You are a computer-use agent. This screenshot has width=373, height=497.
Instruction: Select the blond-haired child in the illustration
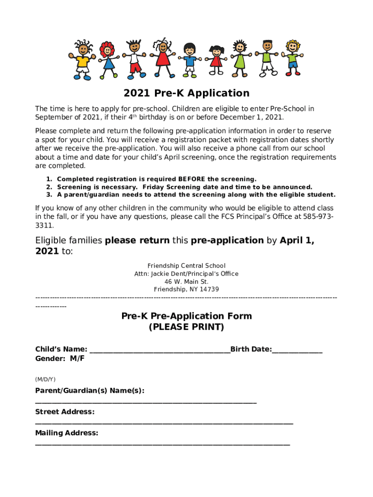[292, 57]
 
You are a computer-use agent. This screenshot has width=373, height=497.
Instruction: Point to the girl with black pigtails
[216, 60]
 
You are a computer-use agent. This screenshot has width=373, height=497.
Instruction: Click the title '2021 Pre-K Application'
[186, 93]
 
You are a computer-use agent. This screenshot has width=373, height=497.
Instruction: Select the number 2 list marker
[49, 187]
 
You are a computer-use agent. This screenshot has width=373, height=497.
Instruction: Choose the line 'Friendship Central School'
[186, 266]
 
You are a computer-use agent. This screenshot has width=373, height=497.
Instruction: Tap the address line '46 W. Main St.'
[186, 282]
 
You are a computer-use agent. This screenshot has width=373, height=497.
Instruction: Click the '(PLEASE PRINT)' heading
[186, 327]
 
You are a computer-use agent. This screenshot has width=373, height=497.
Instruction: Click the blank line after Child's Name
[160, 350]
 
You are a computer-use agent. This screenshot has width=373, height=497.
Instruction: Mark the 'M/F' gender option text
[77, 359]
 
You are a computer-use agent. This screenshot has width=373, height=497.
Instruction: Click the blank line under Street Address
[164, 423]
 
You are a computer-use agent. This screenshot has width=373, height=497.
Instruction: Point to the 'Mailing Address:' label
[67, 433]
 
